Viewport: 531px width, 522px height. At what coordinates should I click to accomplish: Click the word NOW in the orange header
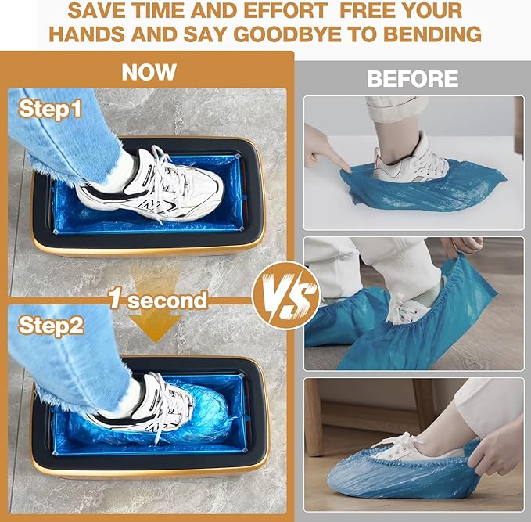pos(149,72)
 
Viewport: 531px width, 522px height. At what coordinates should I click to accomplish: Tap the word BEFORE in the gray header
pos(412,78)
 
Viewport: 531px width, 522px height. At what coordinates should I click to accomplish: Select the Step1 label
pos(50,109)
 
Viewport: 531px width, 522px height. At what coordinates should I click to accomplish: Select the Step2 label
pos(51,326)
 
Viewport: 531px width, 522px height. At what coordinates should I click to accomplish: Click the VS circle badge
pos(286,295)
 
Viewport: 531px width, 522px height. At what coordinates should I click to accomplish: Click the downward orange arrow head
pos(156,327)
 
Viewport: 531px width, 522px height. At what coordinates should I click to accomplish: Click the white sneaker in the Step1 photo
pos(151,185)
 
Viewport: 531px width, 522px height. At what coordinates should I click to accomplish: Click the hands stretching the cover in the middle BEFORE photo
pos(462,247)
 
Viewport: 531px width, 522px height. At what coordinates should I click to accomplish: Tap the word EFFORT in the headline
pos(285,11)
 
